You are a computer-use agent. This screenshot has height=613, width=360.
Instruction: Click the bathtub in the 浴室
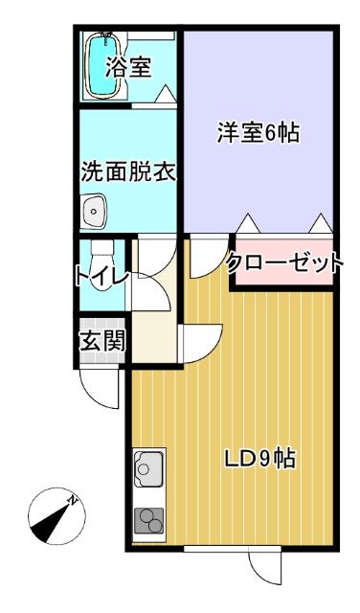coord(101,65)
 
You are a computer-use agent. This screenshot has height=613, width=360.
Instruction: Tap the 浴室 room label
coord(128,68)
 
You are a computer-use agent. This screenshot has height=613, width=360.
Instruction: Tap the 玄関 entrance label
coord(101,340)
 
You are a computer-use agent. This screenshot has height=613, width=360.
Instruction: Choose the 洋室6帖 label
coord(258,134)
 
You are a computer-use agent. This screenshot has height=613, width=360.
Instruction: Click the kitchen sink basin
coord(148,470)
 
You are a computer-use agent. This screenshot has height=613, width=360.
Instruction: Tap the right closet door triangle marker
coord(320,224)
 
